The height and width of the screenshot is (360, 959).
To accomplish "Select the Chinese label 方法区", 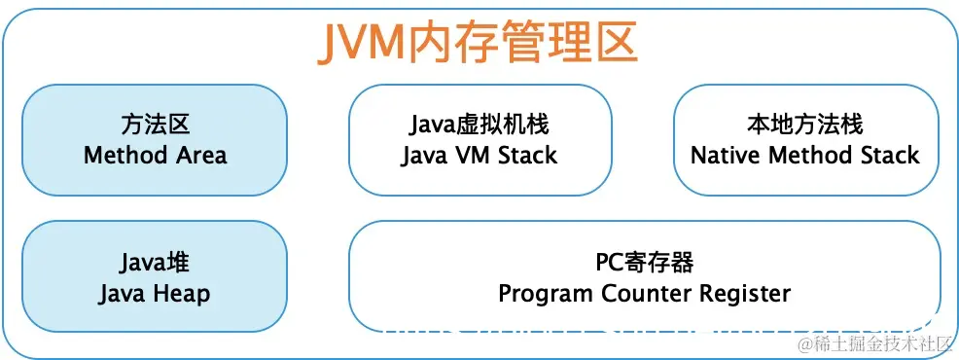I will [155, 125].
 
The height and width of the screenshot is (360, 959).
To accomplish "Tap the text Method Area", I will [155, 155].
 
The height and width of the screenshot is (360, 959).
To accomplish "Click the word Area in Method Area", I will [201, 155].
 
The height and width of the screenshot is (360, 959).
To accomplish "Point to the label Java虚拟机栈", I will [479, 125].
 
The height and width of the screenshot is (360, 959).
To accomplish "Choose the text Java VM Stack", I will [479, 155].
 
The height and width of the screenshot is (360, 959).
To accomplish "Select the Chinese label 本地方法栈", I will [804, 125].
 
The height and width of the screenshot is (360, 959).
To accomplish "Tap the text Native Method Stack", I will [804, 155].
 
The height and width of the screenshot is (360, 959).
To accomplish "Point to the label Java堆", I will [155, 262].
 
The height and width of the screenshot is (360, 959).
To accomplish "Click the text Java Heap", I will [155, 293].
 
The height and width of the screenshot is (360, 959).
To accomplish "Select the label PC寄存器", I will [644, 262].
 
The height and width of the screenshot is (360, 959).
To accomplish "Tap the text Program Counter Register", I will [644, 293].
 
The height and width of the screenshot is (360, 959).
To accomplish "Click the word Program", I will [545, 293].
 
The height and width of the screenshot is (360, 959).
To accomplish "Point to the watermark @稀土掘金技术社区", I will [871, 342].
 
